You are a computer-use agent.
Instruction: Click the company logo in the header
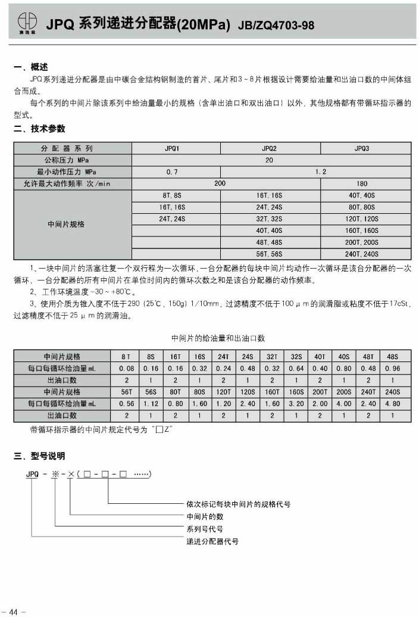(x=26, y=21)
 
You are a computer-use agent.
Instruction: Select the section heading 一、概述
(x=30, y=67)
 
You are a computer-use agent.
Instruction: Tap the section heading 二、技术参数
(x=39, y=129)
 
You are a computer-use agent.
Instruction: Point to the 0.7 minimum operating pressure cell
(x=173, y=172)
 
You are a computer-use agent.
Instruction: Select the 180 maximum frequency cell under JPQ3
(x=361, y=183)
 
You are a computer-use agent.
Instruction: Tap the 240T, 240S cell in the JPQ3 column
(x=361, y=254)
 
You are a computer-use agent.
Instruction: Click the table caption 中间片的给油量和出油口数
(x=218, y=338)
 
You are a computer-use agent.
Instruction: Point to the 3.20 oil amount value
(x=296, y=404)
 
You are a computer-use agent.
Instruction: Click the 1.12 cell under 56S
(x=151, y=404)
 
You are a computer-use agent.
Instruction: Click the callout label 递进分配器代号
(x=212, y=541)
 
